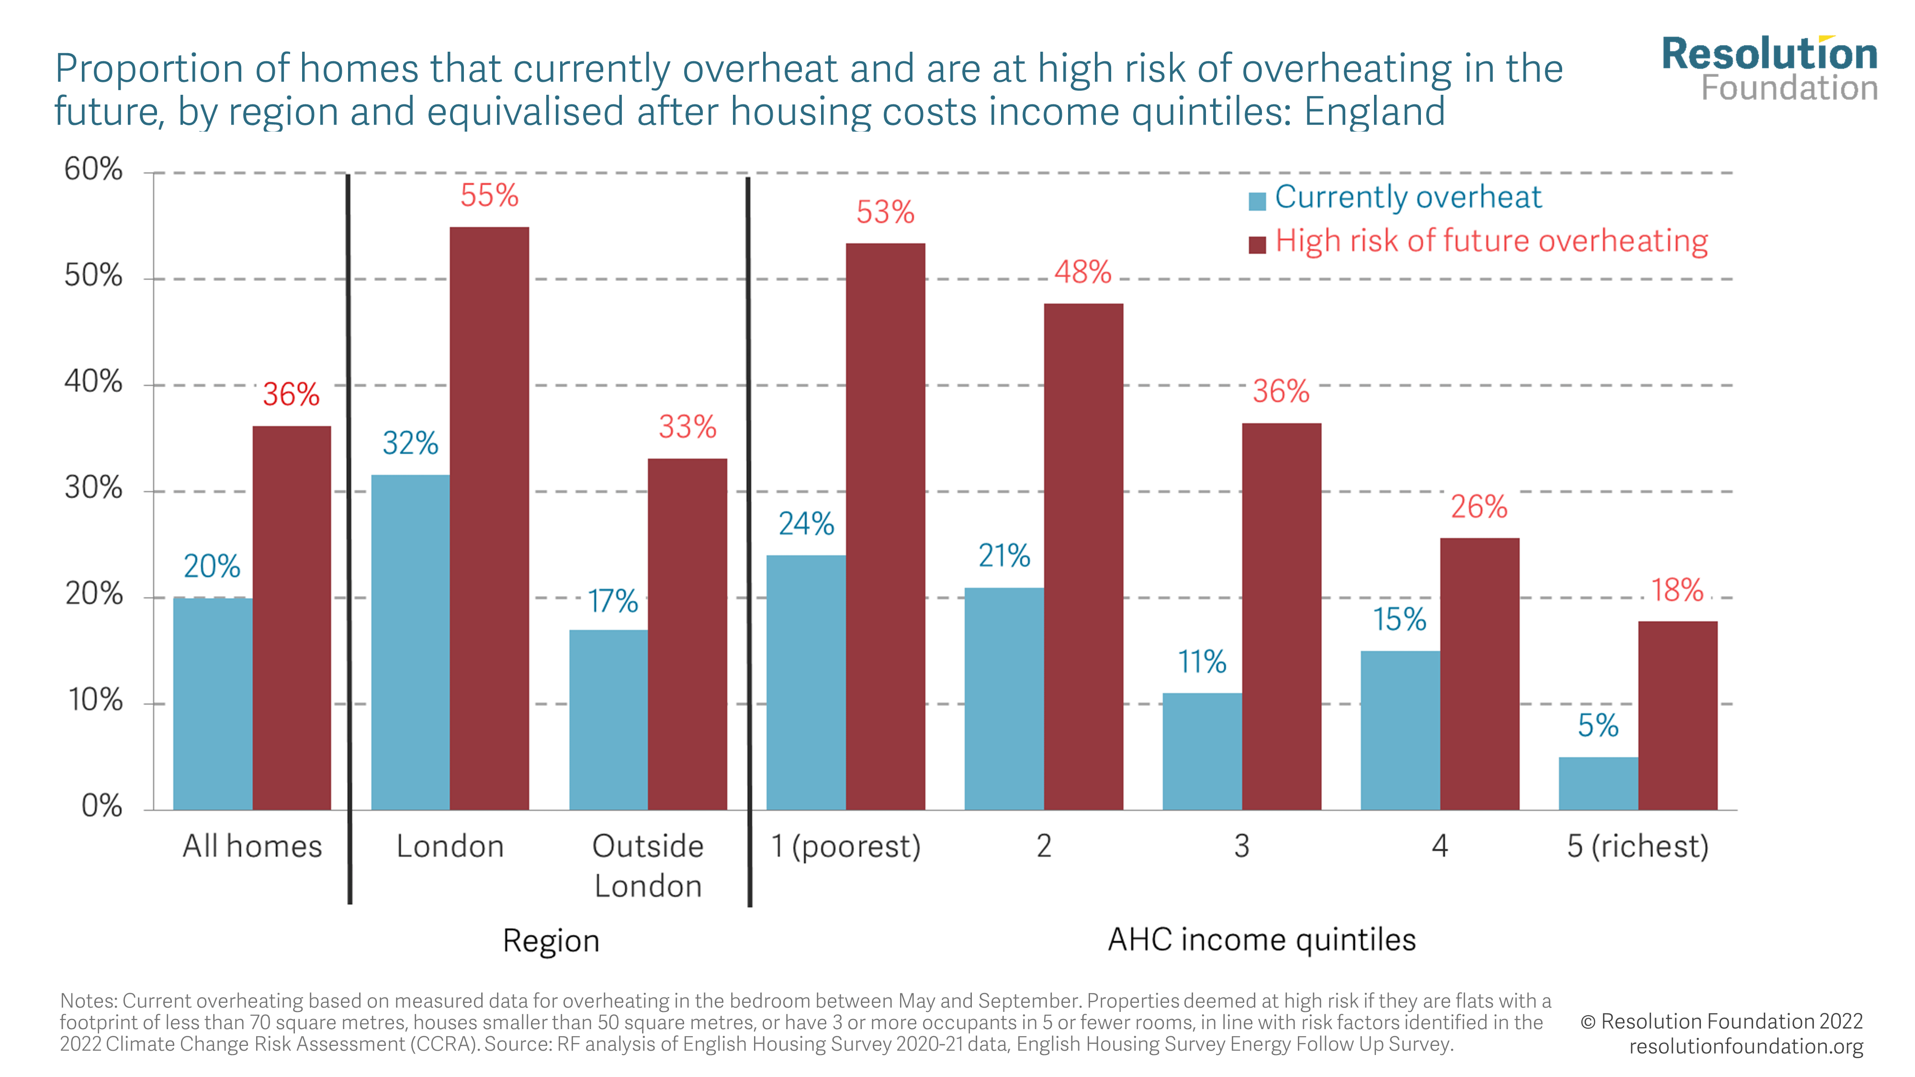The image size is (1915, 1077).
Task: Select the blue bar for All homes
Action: [x=213, y=703]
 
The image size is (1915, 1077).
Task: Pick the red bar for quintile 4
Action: [x=1479, y=673]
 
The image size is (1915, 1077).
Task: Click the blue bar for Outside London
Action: [x=608, y=719]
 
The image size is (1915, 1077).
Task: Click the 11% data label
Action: [x=1202, y=662]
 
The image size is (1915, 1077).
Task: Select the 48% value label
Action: [x=1082, y=272]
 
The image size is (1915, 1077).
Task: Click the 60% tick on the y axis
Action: [x=94, y=169]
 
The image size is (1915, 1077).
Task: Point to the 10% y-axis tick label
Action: [x=95, y=700]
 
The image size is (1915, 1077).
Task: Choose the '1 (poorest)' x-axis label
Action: [x=845, y=846]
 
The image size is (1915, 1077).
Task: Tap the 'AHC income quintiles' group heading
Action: [x=1262, y=940]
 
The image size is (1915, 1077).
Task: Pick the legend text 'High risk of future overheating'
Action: [x=1491, y=241]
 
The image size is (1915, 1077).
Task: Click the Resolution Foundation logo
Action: [x=1769, y=69]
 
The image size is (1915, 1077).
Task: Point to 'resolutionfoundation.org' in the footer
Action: [x=1746, y=1046]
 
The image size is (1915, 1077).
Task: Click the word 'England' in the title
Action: [x=1374, y=112]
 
